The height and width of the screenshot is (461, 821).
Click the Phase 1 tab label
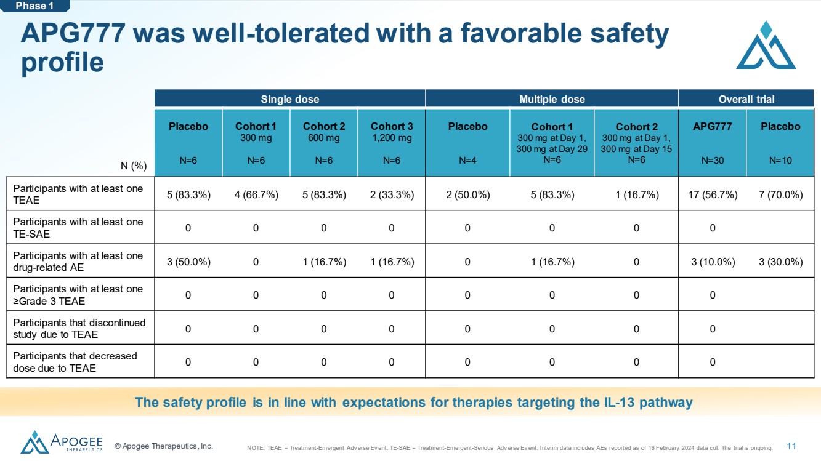point(34,6)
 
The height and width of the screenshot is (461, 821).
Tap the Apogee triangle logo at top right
point(766,45)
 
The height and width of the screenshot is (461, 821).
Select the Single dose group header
point(289,99)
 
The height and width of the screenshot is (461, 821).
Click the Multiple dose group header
point(552,99)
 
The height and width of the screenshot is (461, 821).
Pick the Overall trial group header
point(746,99)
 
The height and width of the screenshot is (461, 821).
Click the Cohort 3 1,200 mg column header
point(392,143)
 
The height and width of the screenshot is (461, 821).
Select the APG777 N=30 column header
point(713,143)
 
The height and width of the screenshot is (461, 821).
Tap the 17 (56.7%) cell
point(713,194)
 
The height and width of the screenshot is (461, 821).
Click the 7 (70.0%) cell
point(780,194)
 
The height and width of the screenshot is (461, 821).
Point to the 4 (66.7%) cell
point(256,194)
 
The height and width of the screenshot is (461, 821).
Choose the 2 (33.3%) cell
point(392,194)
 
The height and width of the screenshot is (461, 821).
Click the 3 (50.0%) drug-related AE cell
point(188,262)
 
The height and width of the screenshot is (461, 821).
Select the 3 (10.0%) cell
point(713,262)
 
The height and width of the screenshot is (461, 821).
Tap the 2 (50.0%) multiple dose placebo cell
point(467,194)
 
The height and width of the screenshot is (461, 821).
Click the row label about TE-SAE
point(78,228)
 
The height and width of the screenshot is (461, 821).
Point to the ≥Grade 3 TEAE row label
point(78,295)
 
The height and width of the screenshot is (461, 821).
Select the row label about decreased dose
point(75,362)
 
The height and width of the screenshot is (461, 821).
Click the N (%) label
point(134,166)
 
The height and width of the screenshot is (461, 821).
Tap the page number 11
point(791,446)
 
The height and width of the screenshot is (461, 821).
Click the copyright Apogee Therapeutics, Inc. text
point(163,446)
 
